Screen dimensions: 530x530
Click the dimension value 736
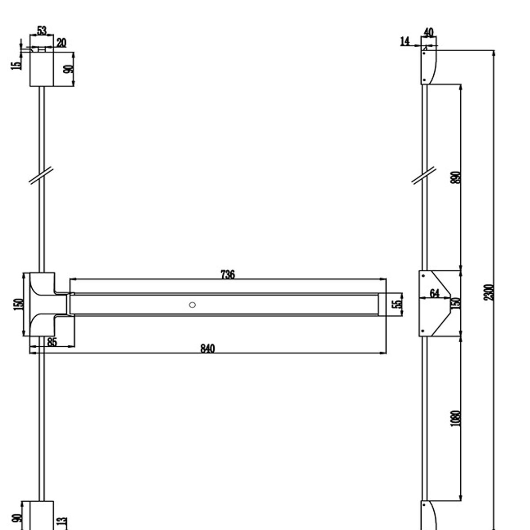click(228, 274)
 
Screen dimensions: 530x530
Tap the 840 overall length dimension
click(208, 349)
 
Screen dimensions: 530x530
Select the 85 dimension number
click(52, 342)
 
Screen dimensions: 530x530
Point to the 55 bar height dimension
click(397, 304)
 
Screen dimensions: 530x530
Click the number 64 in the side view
click(434, 293)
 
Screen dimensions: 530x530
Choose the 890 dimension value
click(456, 178)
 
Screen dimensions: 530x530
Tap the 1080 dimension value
click(455, 418)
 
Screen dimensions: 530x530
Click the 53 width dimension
click(42, 30)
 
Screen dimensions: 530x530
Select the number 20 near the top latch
click(61, 43)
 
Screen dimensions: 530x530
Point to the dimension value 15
click(16, 65)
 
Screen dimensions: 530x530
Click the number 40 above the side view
click(428, 32)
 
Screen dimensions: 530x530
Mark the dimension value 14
click(405, 42)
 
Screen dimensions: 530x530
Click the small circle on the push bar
click(193, 305)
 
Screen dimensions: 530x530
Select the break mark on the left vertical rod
click(41, 175)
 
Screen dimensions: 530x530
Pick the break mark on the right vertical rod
click(424, 175)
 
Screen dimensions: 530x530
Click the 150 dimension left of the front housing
click(18, 304)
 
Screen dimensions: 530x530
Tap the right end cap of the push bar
click(382, 304)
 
